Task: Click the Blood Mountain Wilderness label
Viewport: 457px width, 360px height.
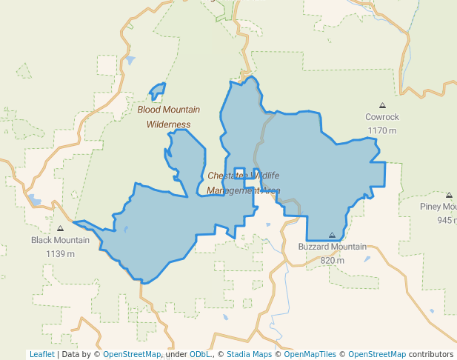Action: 168,117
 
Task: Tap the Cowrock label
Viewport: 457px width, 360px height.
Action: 382,117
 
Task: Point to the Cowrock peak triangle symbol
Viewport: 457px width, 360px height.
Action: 382,105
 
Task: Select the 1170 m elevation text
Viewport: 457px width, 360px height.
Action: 382,130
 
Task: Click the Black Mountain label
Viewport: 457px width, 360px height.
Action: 60,240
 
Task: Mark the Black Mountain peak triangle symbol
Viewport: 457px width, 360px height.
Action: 60,228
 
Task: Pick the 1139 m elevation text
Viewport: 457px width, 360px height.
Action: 60,253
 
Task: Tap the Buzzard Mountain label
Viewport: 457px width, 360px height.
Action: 332,247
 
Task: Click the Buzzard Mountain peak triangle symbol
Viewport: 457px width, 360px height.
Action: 332,235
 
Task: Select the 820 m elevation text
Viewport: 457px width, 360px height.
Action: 332,260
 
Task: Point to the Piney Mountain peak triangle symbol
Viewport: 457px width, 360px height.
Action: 449,196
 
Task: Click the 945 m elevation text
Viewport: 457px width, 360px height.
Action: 447,220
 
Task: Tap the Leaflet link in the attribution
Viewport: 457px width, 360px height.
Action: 41,354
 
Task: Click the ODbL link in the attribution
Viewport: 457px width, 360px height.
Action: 200,354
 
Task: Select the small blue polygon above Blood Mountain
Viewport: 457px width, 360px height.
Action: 157,92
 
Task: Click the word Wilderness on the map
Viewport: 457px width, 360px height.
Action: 168,124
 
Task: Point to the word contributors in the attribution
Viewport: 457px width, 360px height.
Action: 431,354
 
